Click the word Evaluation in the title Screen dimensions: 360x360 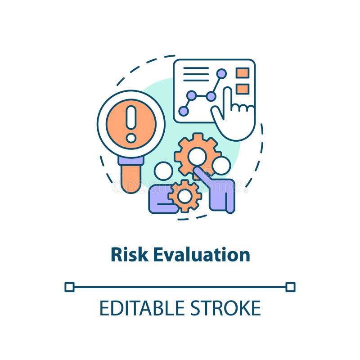(201, 255)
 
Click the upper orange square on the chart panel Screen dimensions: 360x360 (243, 73)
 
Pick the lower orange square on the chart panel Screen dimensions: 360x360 (243, 89)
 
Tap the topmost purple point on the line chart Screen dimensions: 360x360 (221, 73)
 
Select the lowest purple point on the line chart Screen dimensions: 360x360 (184, 111)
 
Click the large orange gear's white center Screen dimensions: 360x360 (197, 156)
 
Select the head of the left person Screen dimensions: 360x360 (163, 171)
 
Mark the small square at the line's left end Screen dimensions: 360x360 (69, 287)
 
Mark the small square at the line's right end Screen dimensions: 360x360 (290, 287)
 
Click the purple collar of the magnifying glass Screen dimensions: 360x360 (131, 161)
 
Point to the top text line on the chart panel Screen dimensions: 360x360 (196, 68)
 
